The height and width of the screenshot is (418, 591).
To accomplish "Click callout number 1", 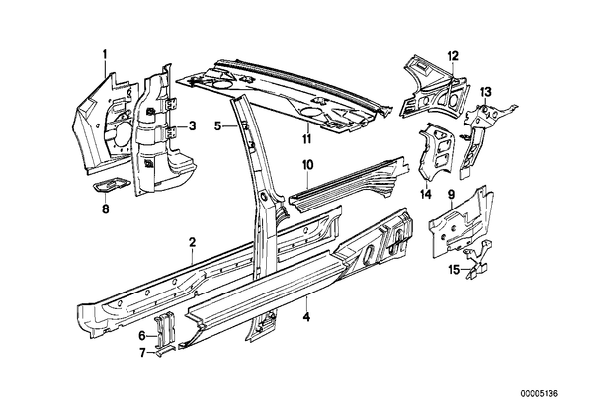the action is (105, 55).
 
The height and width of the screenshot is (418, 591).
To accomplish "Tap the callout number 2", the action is (193, 242).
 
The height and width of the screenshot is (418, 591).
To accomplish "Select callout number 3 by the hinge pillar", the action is (193, 125).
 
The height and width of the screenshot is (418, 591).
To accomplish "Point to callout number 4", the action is (307, 317).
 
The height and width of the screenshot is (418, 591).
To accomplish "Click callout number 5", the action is (217, 125).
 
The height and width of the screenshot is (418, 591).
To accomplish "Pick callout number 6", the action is (142, 335).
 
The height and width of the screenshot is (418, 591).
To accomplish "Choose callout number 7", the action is (142, 353).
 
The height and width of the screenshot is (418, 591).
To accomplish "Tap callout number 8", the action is (105, 209).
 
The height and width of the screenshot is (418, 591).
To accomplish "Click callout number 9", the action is (451, 194).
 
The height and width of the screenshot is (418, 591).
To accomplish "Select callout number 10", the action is (307, 165).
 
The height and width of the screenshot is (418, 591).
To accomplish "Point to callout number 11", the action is (307, 138).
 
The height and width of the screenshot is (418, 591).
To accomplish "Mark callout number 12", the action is (453, 56).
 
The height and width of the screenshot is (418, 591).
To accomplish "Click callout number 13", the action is (486, 91).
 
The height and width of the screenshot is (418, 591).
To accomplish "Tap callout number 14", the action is (426, 194).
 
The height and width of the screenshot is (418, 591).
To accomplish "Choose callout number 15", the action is (454, 269).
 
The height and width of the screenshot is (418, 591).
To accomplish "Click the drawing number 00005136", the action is (539, 394).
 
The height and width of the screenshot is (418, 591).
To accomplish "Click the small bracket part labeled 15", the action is (477, 260).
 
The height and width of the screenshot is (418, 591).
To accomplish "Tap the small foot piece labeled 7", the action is (165, 351).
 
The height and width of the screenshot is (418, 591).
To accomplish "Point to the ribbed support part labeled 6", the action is (165, 329).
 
